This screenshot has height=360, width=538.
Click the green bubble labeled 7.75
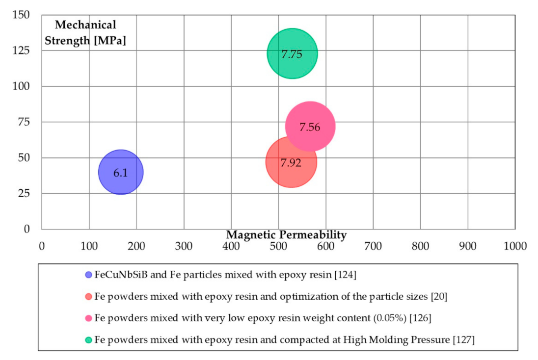click(x=292, y=53)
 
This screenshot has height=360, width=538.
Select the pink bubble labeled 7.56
click(x=310, y=127)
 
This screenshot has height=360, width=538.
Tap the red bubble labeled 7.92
click(x=291, y=162)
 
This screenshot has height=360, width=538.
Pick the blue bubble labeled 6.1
click(x=121, y=172)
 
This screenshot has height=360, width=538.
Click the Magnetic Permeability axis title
click(x=286, y=235)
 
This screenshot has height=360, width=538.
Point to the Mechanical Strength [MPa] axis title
click(x=85, y=32)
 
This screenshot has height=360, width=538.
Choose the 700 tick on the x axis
click(x=373, y=245)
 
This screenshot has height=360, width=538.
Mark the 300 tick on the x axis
click(x=184, y=245)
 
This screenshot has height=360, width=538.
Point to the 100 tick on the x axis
click(x=89, y=245)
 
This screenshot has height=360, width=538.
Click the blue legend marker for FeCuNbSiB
click(x=89, y=275)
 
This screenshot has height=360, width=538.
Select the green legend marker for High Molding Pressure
click(x=89, y=339)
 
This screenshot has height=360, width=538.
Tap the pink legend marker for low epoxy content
click(x=89, y=318)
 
